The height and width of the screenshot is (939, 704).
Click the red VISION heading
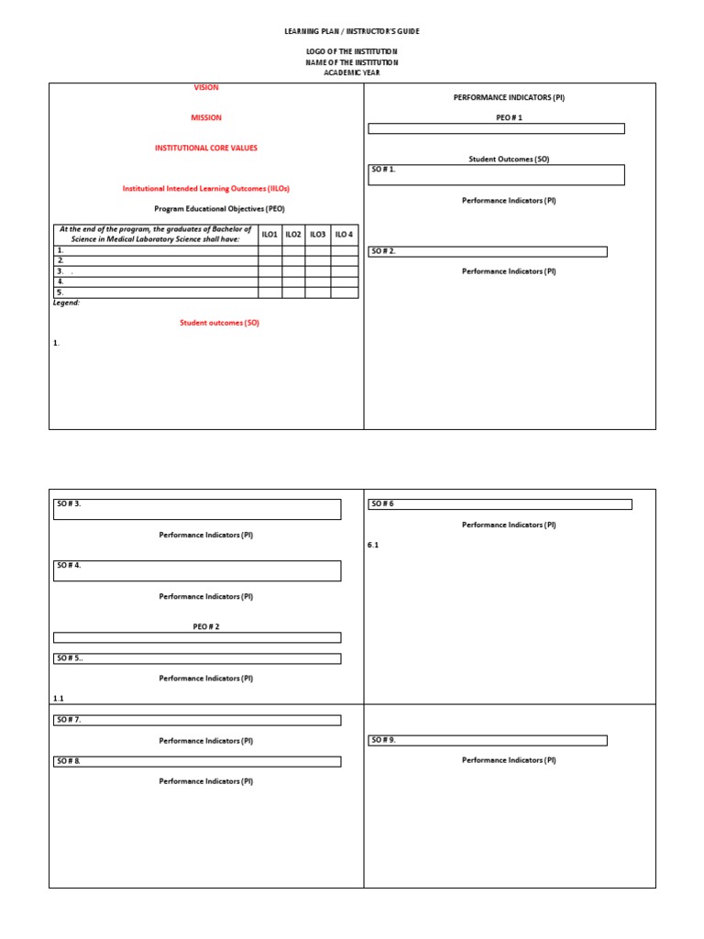point(205,88)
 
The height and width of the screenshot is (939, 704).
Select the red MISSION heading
point(205,118)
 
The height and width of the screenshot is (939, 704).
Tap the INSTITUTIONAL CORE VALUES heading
point(205,148)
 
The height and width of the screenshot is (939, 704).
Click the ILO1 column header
point(269,235)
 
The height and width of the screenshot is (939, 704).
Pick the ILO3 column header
point(318,235)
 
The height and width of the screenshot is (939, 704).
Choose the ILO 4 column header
point(344,235)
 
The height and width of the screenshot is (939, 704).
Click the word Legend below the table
point(66,303)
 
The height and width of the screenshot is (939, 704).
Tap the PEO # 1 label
point(509,117)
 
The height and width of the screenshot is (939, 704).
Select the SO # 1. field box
point(496,174)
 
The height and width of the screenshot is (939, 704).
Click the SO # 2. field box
point(487,251)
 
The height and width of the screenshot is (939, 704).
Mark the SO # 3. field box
point(197,509)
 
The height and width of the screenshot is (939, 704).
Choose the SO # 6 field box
point(500,504)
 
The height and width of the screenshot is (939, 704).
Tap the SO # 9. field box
point(487,740)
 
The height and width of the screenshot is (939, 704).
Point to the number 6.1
point(373,546)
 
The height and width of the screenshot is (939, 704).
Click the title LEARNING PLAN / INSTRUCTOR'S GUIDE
point(352,31)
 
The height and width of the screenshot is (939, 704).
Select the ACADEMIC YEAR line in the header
point(352,73)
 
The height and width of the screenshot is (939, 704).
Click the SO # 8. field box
point(197,761)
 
